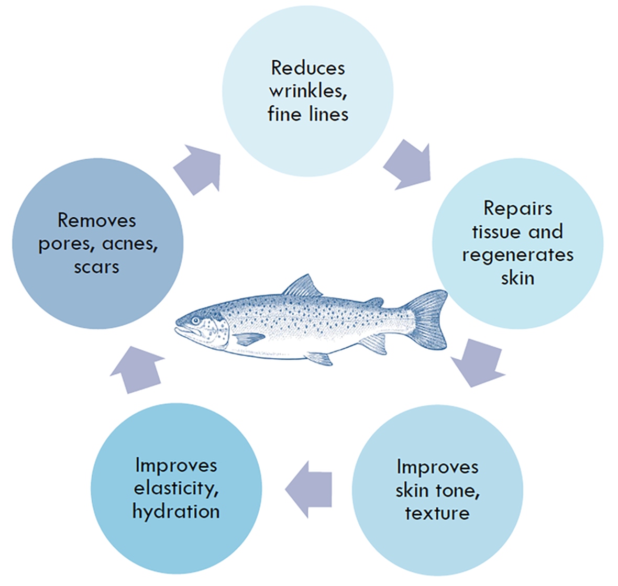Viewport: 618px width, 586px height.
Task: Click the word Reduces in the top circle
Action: click(307, 68)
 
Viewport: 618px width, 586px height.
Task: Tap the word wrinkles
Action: click(307, 91)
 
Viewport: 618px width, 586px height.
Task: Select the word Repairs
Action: click(517, 208)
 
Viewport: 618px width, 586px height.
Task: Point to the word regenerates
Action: click(517, 255)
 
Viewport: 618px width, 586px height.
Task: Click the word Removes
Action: click(97, 220)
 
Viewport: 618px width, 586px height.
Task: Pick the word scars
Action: click(97, 267)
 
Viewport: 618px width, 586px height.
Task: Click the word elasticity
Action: click(176, 488)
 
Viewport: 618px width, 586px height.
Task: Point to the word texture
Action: click(437, 513)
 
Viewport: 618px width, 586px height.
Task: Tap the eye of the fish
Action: click(195, 320)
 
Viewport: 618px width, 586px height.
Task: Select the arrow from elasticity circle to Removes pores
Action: click(137, 368)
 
